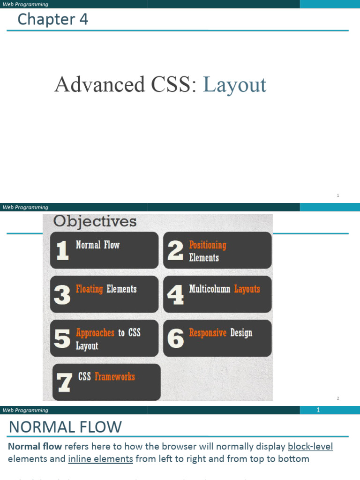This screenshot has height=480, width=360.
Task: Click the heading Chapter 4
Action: (52, 20)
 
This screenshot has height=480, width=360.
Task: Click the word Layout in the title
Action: (234, 85)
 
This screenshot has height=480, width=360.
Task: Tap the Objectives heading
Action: (95, 221)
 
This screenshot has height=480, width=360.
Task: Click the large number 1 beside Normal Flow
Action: (62, 251)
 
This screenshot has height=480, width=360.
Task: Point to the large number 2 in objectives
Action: (175, 251)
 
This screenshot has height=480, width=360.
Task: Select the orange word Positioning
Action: (207, 245)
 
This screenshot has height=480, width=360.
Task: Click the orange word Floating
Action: (89, 289)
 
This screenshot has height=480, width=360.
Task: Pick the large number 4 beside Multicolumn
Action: (175, 295)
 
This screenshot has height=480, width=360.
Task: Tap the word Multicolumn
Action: (210, 289)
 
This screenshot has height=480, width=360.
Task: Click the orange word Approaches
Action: (95, 333)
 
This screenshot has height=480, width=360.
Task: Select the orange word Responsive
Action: (208, 333)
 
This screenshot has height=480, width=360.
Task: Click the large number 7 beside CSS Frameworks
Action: (64, 382)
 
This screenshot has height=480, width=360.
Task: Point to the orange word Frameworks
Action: (114, 377)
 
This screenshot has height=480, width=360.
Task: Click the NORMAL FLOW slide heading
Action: (65, 427)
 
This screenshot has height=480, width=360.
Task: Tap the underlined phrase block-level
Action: (310, 446)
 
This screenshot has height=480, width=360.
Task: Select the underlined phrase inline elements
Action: (100, 459)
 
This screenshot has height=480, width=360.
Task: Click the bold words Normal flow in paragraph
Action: (35, 446)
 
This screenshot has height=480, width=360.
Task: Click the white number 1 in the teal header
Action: (318, 410)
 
